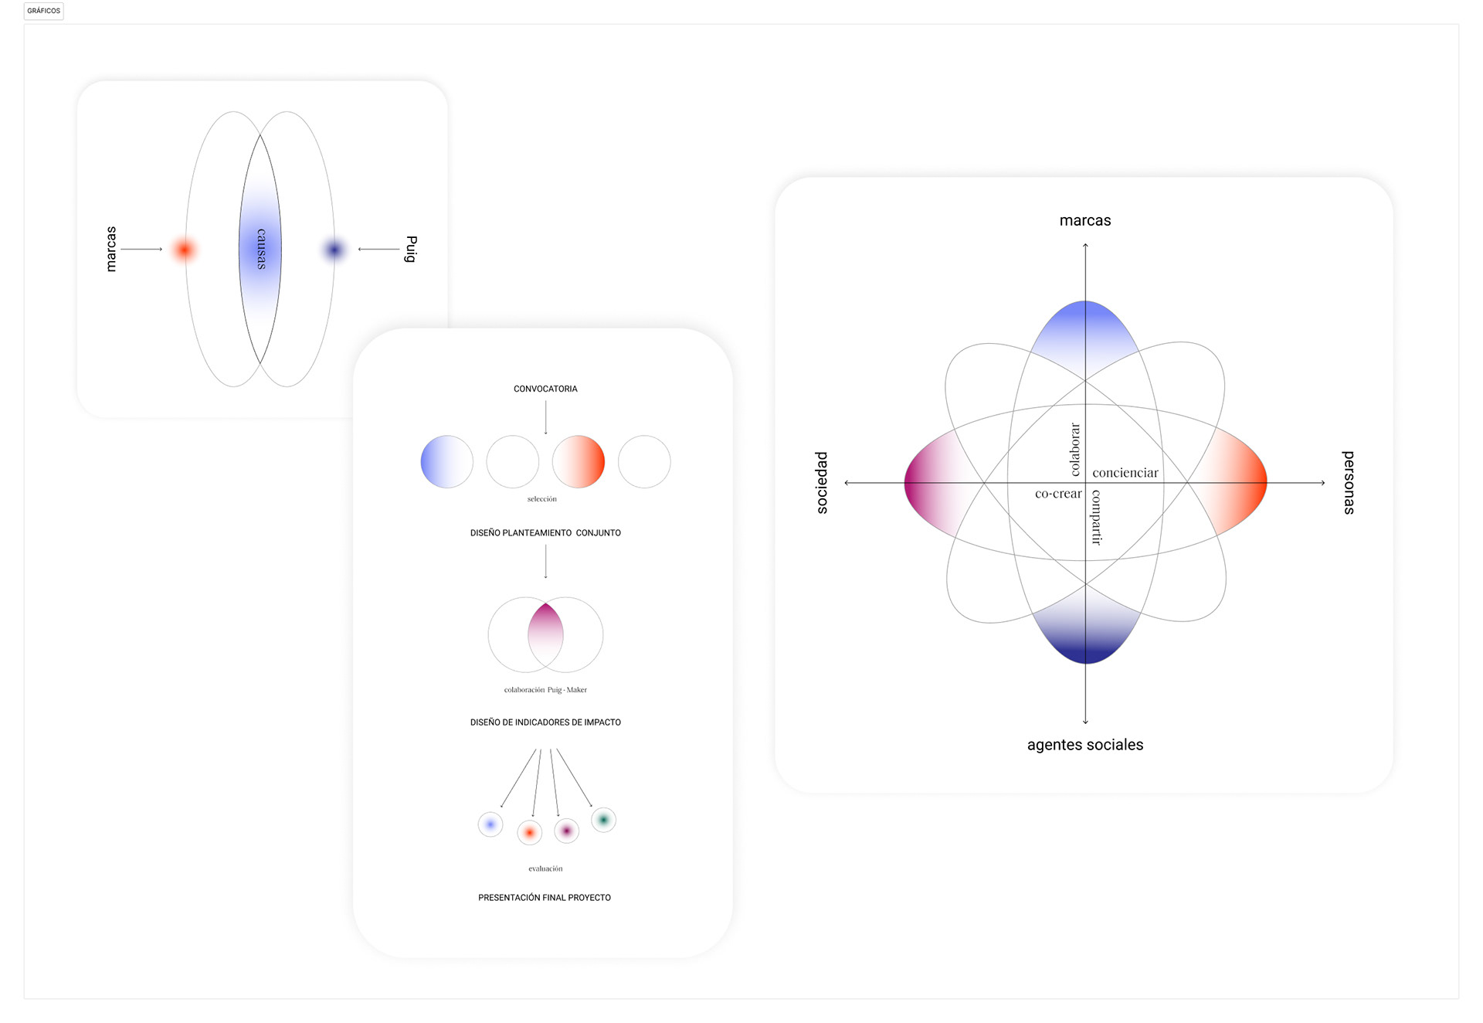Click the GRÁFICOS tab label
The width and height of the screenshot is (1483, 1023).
tap(43, 11)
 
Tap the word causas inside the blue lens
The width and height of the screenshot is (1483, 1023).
tap(261, 249)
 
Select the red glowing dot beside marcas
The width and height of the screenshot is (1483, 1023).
tap(185, 250)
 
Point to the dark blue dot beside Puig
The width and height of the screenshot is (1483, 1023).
tap(334, 250)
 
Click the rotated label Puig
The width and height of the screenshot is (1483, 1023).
tap(411, 249)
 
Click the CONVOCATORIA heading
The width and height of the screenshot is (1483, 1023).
tap(545, 389)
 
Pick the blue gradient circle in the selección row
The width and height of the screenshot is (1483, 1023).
tap(446, 461)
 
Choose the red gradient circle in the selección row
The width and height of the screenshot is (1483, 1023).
tap(579, 461)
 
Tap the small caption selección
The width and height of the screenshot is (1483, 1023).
tap(541, 499)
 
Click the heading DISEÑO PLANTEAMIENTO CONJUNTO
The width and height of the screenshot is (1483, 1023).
tap(545, 533)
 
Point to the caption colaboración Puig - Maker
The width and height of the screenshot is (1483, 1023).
tap(545, 690)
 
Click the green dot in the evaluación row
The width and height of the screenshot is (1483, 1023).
tap(603, 820)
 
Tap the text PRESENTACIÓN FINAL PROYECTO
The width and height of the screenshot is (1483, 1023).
tap(545, 898)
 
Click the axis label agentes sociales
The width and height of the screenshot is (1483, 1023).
tap(1084, 745)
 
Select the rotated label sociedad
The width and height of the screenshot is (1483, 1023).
tap(822, 483)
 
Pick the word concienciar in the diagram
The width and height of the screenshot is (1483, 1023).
tap(1125, 473)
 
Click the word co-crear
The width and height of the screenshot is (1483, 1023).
tap(1058, 494)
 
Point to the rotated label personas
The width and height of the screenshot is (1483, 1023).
tap(1349, 483)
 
